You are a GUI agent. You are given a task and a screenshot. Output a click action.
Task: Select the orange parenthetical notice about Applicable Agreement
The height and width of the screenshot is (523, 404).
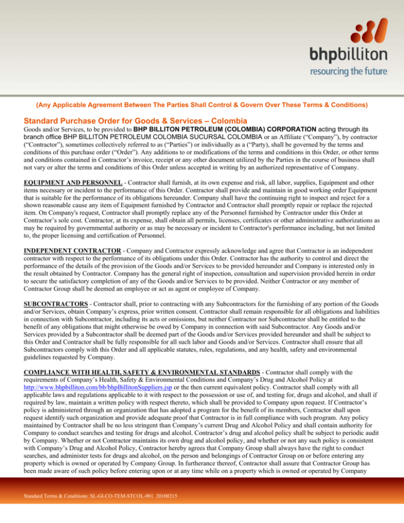tap(201, 105)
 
